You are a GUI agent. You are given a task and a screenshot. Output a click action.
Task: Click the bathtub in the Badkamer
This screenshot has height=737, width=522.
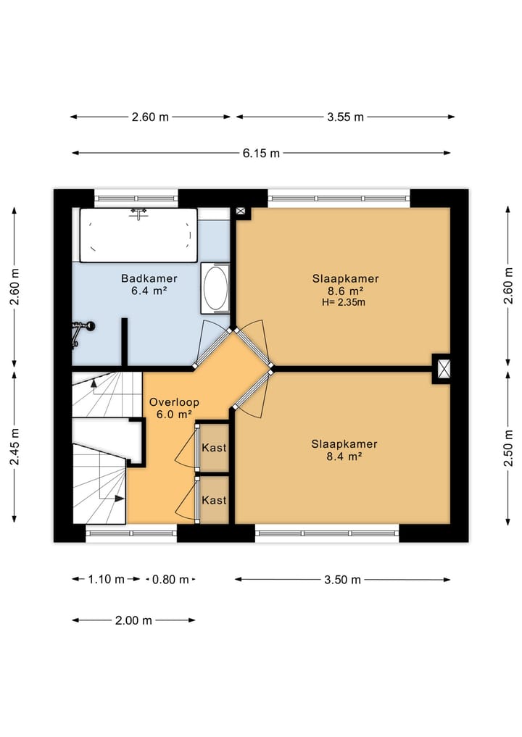point(138,235)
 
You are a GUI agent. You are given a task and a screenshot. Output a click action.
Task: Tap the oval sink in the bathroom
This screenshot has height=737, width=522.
point(215,288)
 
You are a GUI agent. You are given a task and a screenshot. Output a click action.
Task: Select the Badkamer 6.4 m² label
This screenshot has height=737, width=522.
point(149,284)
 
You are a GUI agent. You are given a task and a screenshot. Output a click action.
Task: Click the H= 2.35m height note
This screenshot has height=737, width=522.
point(344,302)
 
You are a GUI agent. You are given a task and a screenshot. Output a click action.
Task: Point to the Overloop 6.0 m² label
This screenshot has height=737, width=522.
point(174,408)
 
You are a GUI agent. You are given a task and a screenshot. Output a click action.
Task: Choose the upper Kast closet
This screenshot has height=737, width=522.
point(215,447)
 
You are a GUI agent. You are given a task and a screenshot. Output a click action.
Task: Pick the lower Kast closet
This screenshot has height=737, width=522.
point(215,500)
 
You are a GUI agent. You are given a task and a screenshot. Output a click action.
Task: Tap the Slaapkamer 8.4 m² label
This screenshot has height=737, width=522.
point(344,450)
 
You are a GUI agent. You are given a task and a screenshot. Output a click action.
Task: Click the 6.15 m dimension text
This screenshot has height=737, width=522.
point(261,153)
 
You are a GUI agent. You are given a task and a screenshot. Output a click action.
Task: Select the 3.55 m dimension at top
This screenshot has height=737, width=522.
point(345,117)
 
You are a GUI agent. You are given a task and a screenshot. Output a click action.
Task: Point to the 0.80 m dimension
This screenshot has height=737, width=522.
point(170,580)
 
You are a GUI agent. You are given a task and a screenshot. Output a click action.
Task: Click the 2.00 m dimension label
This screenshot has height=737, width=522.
point(133,620)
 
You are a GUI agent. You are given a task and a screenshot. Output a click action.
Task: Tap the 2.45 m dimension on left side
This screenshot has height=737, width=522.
point(14,446)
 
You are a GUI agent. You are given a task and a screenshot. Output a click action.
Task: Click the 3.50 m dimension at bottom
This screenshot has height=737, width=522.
point(342,580)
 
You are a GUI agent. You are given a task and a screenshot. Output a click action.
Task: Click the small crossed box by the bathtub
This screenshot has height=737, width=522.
point(241,212)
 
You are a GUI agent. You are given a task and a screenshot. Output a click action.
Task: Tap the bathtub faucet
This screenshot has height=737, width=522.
point(138,213)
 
